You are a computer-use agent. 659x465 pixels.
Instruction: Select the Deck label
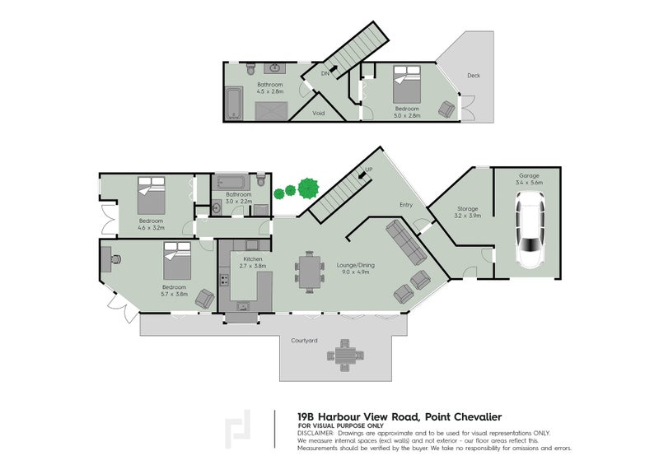click(473, 75)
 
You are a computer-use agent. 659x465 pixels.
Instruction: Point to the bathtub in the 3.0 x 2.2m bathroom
click(227, 181)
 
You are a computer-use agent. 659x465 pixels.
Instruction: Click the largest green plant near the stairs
click(309, 187)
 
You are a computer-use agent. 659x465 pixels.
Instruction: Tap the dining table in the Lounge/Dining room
click(310, 272)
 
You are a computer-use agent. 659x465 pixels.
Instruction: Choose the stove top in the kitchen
click(223, 281)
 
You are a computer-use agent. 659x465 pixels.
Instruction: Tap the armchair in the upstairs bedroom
click(447, 109)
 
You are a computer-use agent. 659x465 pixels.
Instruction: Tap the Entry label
click(406, 205)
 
